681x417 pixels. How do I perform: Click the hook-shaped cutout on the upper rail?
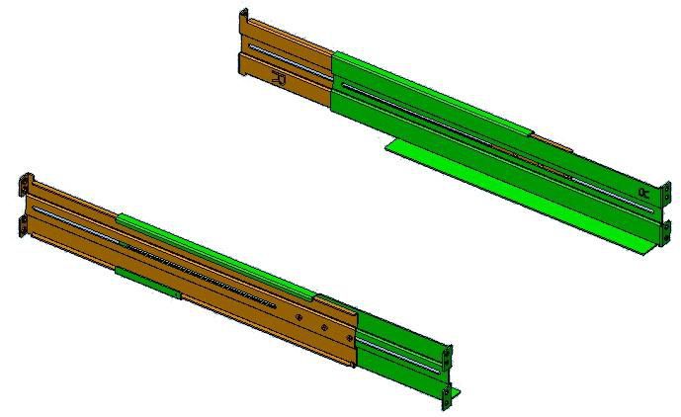click(x=278, y=77)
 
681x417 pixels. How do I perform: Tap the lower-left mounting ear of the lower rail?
click(x=21, y=227)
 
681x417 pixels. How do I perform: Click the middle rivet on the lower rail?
click(x=323, y=327)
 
